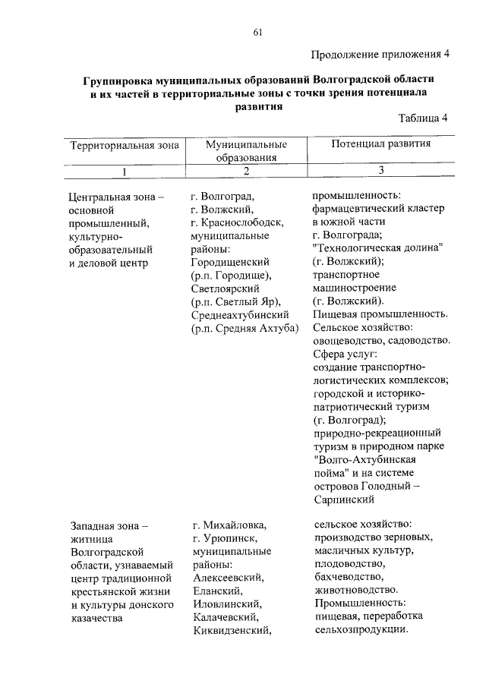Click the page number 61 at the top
coord(257,31)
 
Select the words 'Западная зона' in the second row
coord(106,524)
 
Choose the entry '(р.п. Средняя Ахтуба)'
coord(246,328)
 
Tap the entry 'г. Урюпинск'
coord(224,537)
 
